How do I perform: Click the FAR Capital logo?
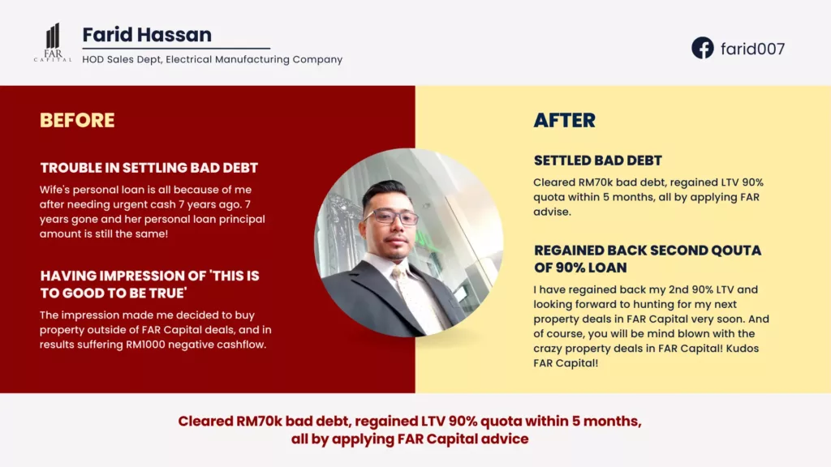click(x=53, y=43)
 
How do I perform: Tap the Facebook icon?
click(x=702, y=48)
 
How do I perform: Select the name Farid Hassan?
click(x=147, y=35)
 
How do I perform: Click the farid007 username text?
click(x=752, y=49)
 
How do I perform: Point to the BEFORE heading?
click(x=77, y=120)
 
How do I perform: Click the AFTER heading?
click(x=565, y=120)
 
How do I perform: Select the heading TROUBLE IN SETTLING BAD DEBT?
click(x=149, y=168)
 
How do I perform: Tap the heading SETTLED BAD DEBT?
click(x=598, y=161)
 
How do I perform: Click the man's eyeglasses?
click(x=390, y=216)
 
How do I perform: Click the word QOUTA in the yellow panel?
click(x=736, y=251)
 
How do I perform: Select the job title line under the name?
click(x=213, y=59)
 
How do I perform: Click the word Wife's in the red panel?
click(x=54, y=190)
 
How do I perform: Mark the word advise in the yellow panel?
click(x=552, y=212)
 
